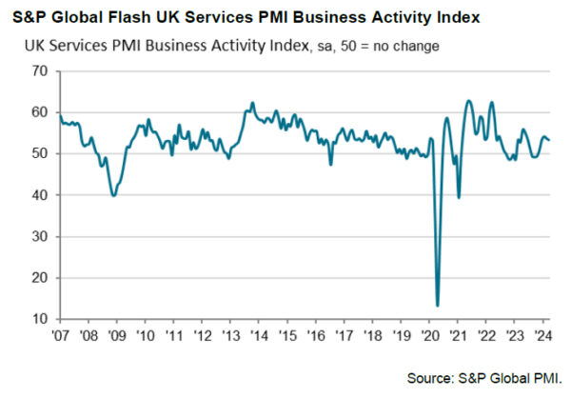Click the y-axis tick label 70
tap(39, 71)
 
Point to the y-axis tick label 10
tap(39, 319)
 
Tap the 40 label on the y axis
tap(39, 195)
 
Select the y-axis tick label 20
tap(39, 278)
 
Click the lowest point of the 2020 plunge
tap(438, 305)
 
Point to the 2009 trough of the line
tap(113, 195)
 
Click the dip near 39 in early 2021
tap(460, 197)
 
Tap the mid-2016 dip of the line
tap(330, 165)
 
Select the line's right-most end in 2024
tap(549, 140)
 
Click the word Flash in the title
tap(146, 17)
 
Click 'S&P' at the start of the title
tap(30, 17)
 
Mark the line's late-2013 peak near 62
tap(252, 103)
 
